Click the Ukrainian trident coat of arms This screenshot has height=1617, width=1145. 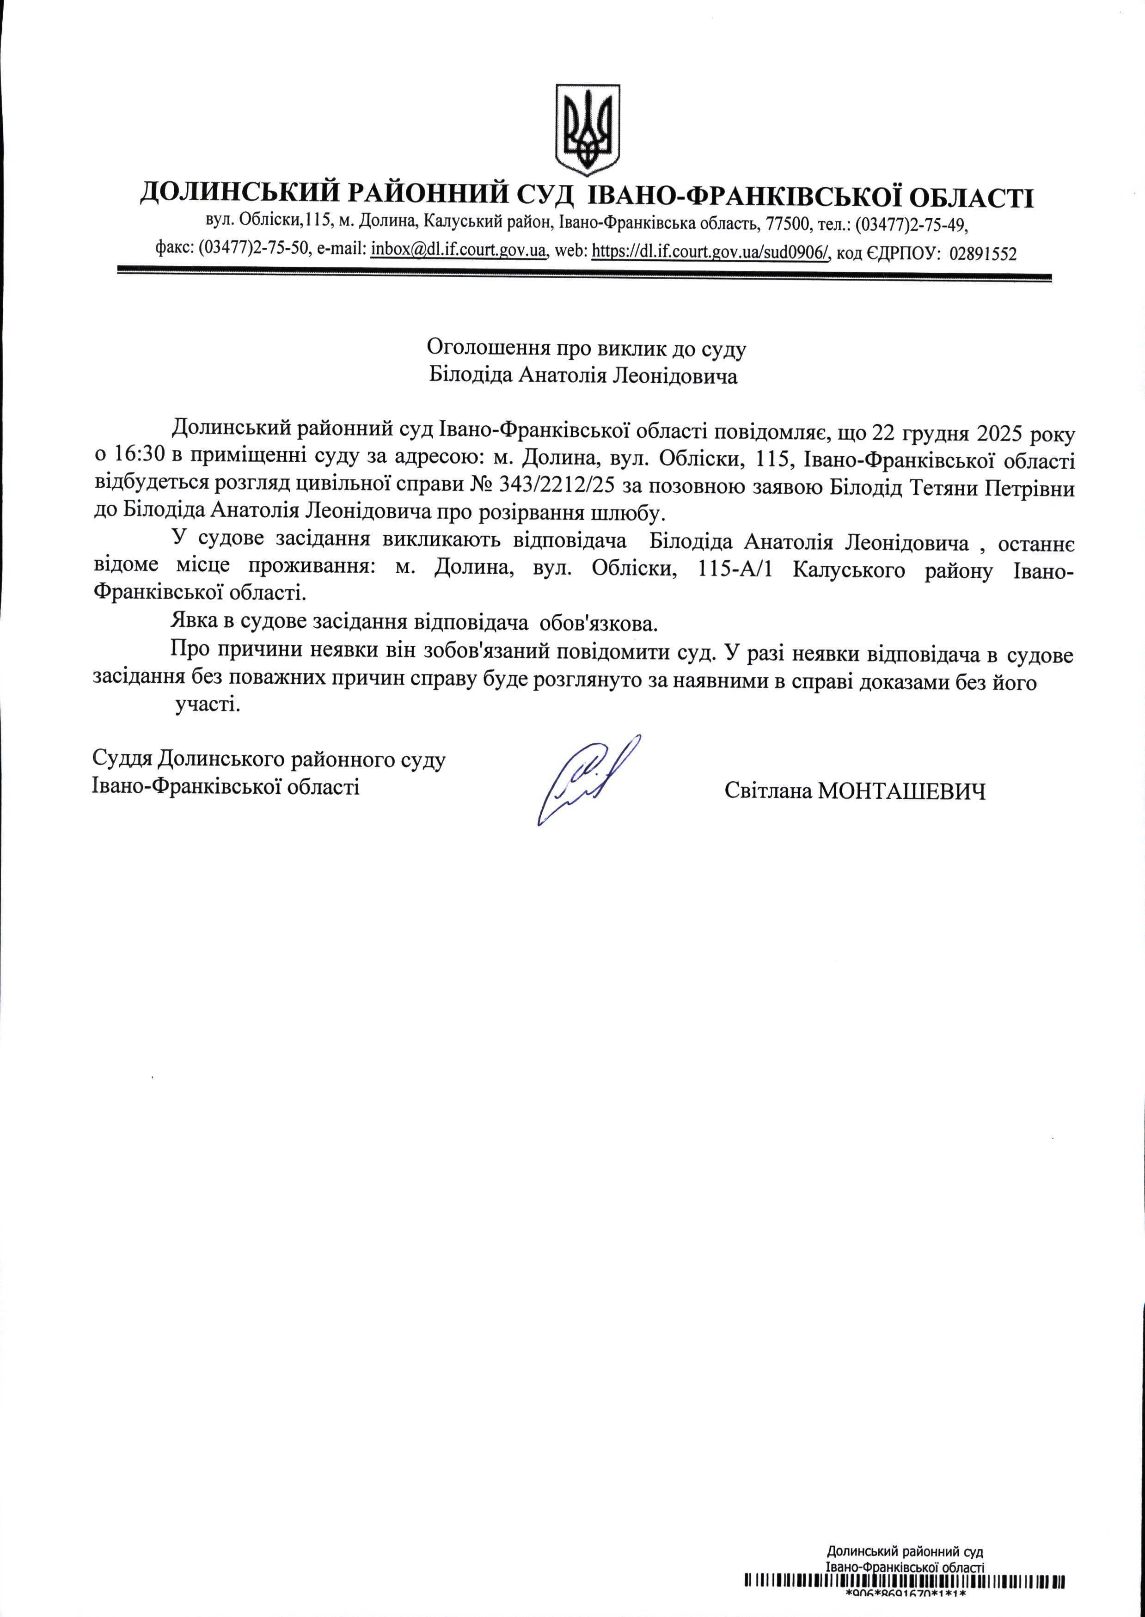coord(588,130)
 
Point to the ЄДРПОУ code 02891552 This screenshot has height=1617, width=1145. coord(984,252)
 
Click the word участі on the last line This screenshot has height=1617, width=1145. coord(207,705)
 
